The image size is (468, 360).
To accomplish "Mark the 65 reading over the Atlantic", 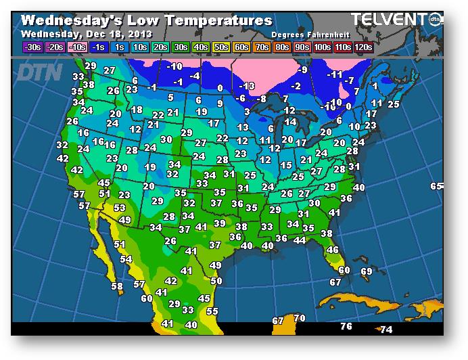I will tap(436, 186).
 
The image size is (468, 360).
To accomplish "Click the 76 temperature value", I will tap(346, 326).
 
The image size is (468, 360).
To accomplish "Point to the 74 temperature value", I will tap(386, 330).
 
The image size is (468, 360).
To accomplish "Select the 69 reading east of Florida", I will tap(367, 271).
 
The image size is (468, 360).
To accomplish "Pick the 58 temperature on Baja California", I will tap(117, 286).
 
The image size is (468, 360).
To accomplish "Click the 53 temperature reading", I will tap(120, 208).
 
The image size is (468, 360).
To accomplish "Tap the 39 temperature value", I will tap(219, 223).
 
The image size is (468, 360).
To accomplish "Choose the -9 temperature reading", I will tap(303, 70).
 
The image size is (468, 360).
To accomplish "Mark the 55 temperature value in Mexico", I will tap(212, 311).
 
